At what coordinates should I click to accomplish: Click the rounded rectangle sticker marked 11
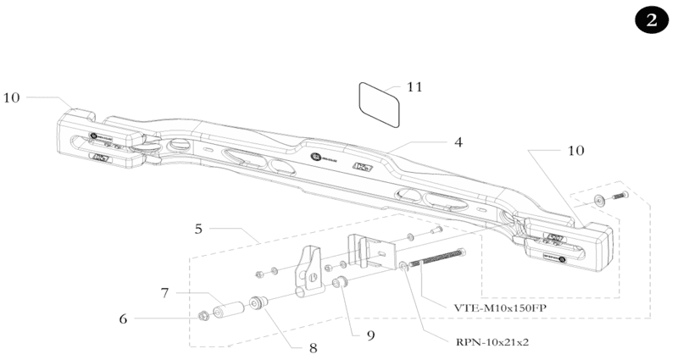point(379,104)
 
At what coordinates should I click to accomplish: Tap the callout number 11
point(414,86)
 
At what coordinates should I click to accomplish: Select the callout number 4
point(458,142)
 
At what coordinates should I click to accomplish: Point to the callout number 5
point(197,229)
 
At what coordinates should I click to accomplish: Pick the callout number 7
point(166,292)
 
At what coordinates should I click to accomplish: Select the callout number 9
point(370,335)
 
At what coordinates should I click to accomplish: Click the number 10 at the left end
point(11,97)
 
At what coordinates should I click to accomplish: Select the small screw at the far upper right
point(617,197)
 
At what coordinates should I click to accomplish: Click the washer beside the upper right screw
point(599,200)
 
